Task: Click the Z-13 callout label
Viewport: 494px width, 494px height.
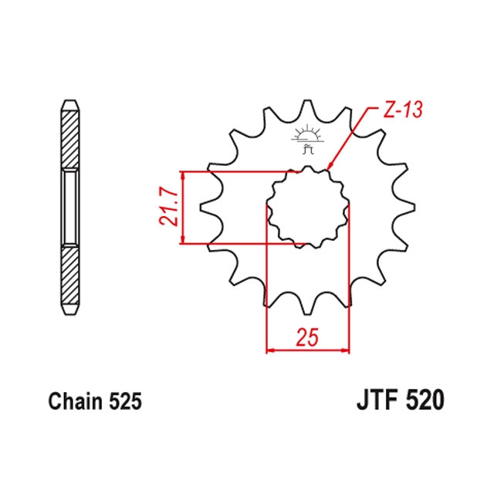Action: click(403, 110)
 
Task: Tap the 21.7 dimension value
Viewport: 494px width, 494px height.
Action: click(168, 207)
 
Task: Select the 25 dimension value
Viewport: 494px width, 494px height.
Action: click(308, 337)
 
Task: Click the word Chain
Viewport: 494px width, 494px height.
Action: click(76, 401)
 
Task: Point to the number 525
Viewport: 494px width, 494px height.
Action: click(125, 401)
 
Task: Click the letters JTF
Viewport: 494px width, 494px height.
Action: click(379, 400)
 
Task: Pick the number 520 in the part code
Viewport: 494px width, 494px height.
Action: click(425, 400)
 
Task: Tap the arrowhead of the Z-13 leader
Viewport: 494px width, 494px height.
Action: click(330, 167)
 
